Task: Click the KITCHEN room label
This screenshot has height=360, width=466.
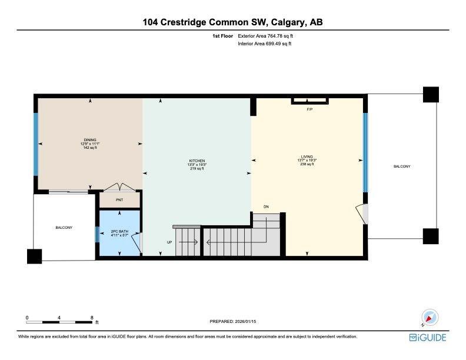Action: coord(197,161)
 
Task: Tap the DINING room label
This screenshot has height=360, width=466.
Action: coord(90,140)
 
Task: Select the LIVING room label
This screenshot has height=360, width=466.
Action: coord(307,156)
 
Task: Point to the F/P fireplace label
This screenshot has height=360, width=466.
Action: coord(309,109)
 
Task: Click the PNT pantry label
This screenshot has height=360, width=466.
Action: coord(119,200)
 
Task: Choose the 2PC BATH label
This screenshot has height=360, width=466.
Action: coord(119,231)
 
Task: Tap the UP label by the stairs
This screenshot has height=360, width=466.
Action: coord(169,242)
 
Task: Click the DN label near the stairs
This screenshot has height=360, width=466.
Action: coord(266,206)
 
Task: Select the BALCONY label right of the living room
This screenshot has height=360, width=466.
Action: coord(402,166)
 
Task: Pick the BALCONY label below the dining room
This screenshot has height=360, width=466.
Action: coord(64,228)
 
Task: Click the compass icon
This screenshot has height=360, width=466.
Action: coord(430,317)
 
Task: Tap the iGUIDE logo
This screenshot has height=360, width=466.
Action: coord(428,338)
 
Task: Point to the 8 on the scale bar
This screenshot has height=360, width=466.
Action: coord(92,318)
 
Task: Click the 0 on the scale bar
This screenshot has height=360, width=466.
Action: coord(27,318)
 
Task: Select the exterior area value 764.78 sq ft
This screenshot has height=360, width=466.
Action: coord(280,36)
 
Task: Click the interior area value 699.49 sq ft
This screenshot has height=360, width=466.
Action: coord(278,44)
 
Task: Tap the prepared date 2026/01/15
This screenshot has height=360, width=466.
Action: coord(245,321)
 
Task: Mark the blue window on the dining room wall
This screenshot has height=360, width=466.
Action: coord(36,144)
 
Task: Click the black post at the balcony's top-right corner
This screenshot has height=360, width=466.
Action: coord(431,95)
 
